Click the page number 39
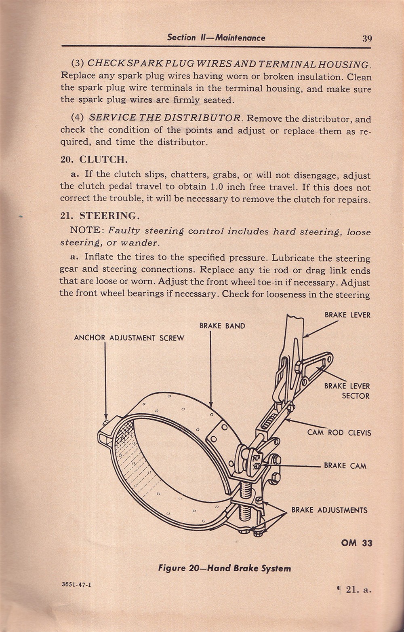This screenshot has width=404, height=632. (367, 39)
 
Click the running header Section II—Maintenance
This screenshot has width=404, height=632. (216, 38)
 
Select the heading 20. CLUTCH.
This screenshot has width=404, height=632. (94, 159)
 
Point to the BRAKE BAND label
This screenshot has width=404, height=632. (222, 326)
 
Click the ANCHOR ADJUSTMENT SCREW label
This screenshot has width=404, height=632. (129, 338)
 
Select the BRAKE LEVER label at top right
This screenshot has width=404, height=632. (347, 315)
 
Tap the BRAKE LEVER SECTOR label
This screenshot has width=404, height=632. (347, 391)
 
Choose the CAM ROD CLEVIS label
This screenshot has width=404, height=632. (339, 433)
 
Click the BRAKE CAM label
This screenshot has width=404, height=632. (345, 465)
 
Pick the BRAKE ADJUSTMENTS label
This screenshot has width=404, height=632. (329, 510)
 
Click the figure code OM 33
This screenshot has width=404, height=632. (356, 543)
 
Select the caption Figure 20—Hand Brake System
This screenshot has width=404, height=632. (224, 568)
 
